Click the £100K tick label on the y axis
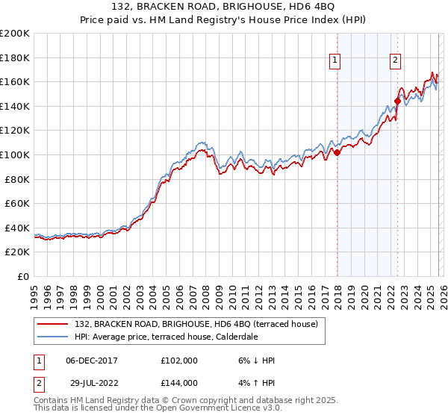[x=14, y=155]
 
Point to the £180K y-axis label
[x=14, y=57]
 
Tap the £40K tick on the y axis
[x=16, y=228]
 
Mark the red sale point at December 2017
[x=337, y=152]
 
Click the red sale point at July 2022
[x=397, y=101]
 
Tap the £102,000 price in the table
[x=178, y=361]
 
